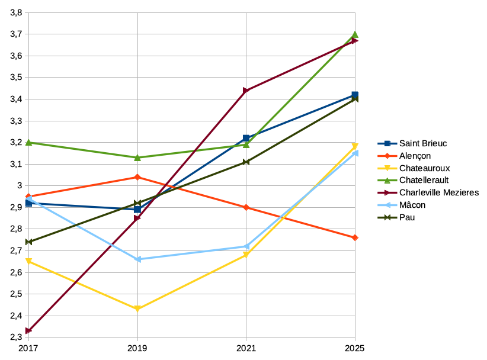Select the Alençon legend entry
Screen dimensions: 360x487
point(415,156)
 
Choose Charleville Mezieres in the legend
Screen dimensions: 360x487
point(438,192)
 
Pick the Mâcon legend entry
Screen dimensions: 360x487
point(412,205)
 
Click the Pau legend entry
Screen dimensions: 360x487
point(406,217)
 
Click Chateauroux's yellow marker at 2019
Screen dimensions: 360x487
point(137,309)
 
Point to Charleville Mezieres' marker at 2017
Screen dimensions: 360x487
point(28,331)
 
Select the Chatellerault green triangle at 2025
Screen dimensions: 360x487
point(355,34)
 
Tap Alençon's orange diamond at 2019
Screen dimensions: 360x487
point(137,177)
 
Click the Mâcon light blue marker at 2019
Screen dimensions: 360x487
point(137,259)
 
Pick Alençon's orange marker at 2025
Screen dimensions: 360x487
point(355,237)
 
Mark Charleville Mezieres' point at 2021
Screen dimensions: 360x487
point(246,91)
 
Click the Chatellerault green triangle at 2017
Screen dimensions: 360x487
point(28,142)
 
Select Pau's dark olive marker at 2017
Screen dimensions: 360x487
point(28,242)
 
